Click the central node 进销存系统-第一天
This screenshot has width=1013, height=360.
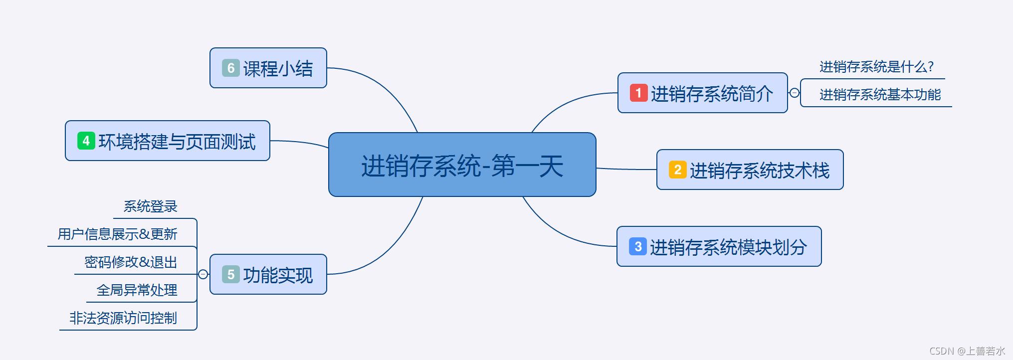pos(462,165)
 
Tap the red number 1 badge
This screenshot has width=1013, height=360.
pos(638,93)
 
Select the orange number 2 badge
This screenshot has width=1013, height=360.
pos(677,170)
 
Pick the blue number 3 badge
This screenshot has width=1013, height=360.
pos(637,246)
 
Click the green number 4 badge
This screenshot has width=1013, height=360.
pos(86,141)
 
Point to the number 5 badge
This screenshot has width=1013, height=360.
pos(230,274)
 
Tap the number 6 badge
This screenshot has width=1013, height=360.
pos(230,68)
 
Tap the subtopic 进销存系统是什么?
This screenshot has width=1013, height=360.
pos(876,67)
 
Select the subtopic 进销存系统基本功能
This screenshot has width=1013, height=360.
pos(880,95)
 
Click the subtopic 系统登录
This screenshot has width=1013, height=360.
pos(150,206)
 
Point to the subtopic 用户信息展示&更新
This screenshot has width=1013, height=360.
pos(117,234)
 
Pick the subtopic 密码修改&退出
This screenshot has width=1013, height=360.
pos(131,262)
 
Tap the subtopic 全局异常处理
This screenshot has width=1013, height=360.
pos(137,290)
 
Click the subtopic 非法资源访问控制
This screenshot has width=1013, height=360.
pos(123,318)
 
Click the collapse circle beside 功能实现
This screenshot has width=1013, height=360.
pos(203,274)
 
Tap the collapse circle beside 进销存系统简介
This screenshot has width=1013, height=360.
pos(795,93)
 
